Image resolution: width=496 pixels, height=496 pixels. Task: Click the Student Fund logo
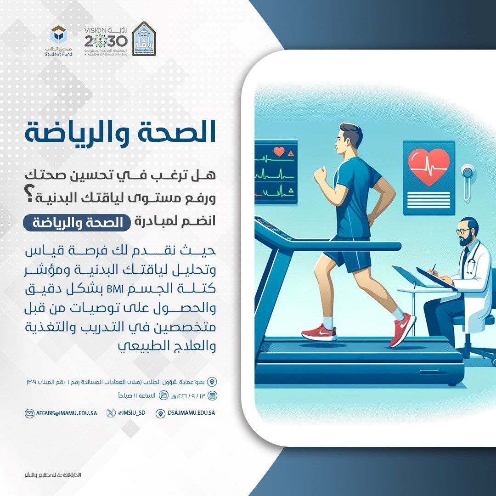pyautogui.click(x=58, y=41)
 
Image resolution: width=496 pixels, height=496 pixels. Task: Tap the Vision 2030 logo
pyautogui.click(x=106, y=41)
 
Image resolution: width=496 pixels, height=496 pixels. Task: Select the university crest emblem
pyautogui.click(x=144, y=39)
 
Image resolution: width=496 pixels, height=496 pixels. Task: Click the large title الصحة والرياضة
pyautogui.click(x=120, y=132)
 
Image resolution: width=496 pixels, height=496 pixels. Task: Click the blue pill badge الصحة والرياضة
pyautogui.click(x=77, y=222)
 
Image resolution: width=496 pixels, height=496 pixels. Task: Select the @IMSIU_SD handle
pyautogui.click(x=132, y=413)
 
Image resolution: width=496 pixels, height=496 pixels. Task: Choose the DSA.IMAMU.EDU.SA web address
pyautogui.click(x=192, y=413)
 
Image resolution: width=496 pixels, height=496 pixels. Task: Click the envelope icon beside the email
pyautogui.click(x=29, y=413)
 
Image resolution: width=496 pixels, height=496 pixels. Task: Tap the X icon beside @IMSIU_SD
pyautogui.click(x=111, y=413)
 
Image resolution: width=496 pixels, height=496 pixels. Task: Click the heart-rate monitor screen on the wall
pyautogui.click(x=276, y=172)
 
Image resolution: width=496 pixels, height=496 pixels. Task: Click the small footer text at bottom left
pyautogui.click(x=53, y=475)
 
